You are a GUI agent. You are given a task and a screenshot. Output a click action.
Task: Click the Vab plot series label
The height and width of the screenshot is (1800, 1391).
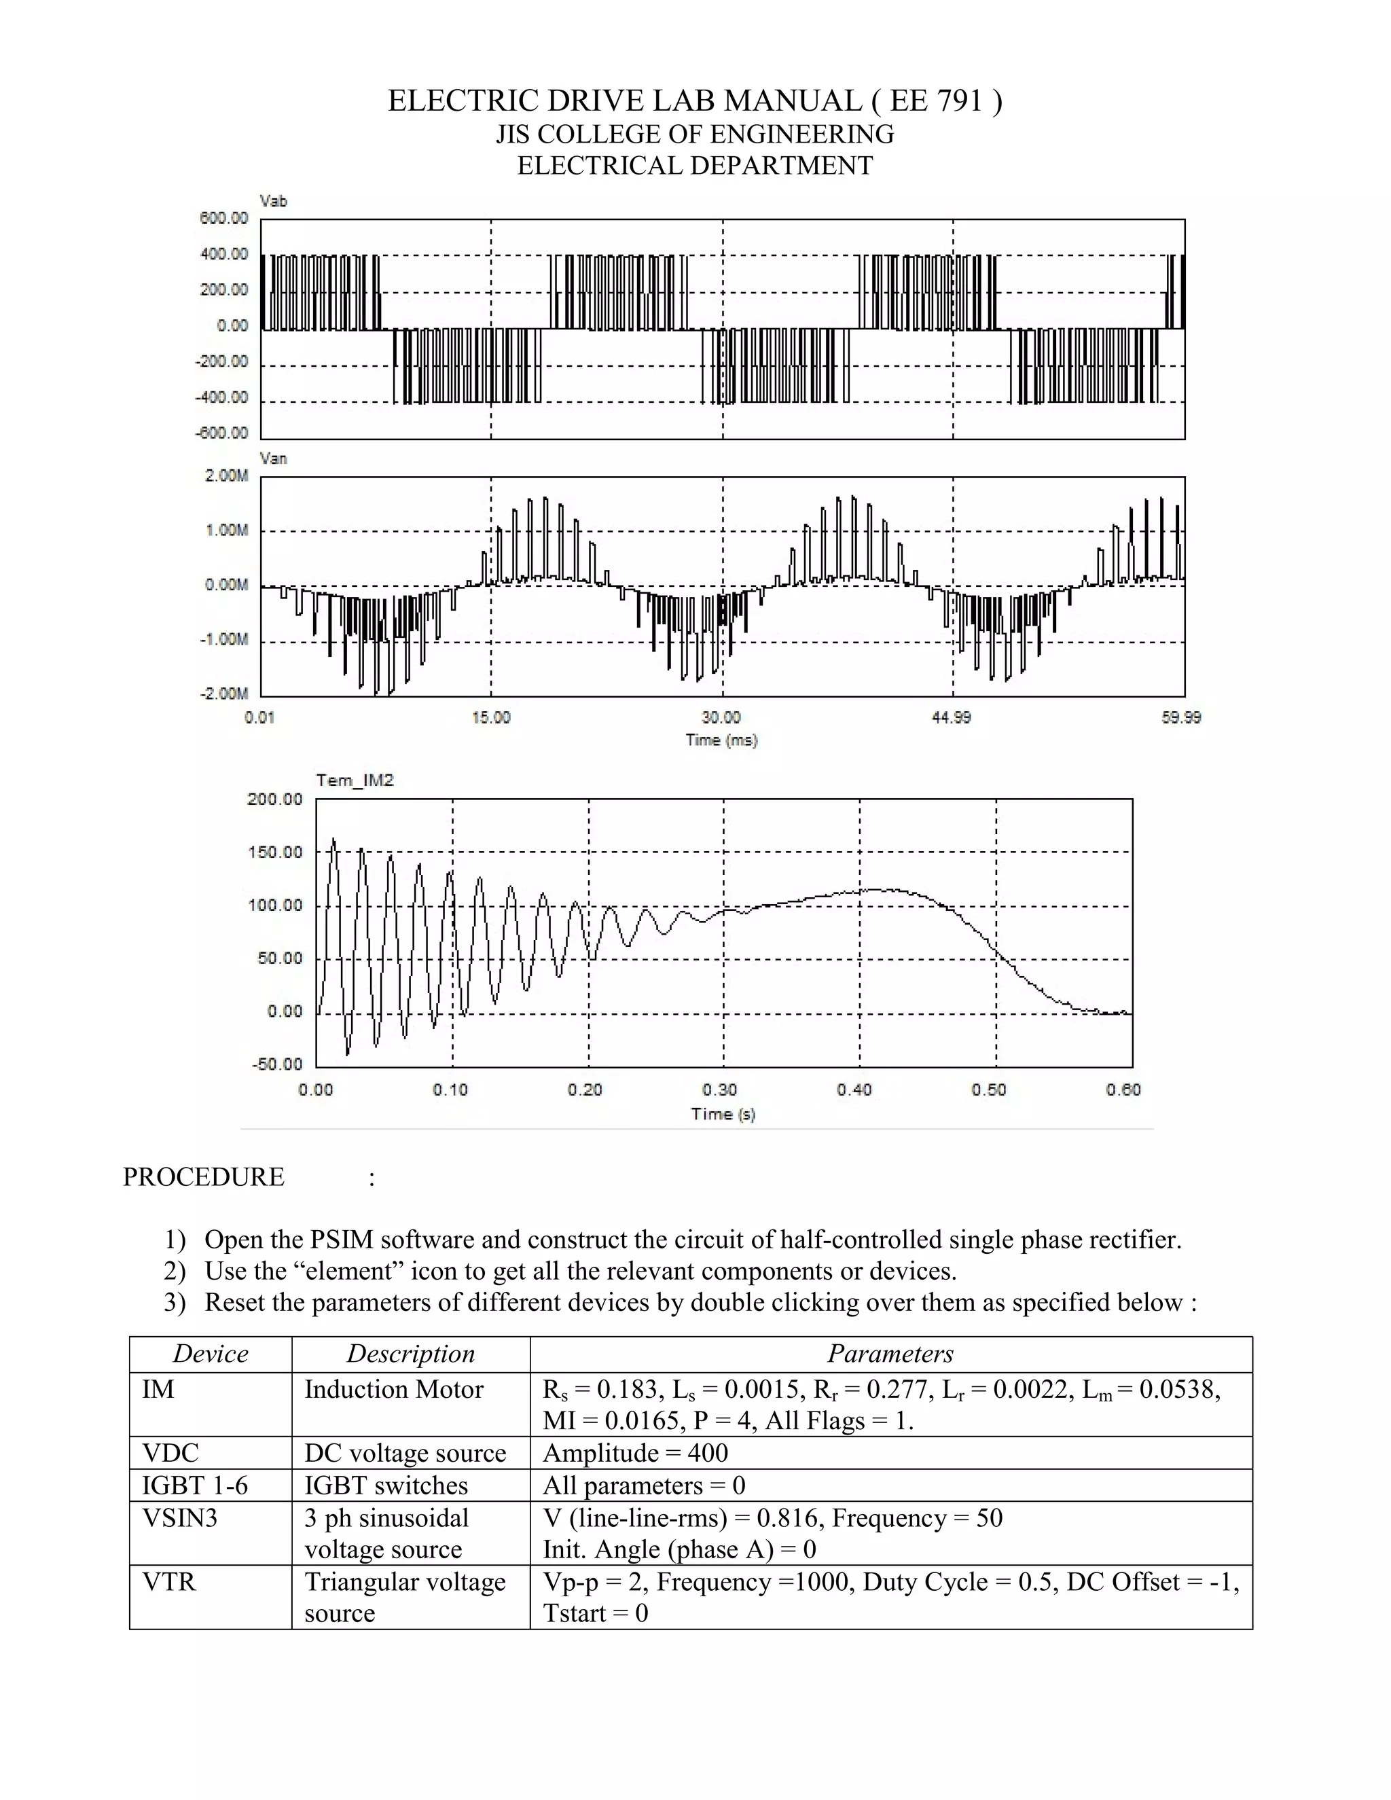[x=273, y=201]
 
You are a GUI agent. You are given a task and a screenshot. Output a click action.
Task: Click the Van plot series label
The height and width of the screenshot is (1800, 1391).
[x=273, y=458]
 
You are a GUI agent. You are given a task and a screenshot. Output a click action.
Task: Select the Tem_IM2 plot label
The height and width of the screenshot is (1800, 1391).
[x=355, y=780]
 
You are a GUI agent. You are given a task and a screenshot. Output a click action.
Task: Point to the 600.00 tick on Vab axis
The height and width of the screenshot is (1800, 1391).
[x=223, y=219]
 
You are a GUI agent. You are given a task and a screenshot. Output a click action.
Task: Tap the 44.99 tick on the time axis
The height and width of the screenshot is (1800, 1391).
[x=951, y=718]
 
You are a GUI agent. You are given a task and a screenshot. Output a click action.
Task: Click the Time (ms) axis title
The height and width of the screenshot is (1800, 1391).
[x=721, y=740]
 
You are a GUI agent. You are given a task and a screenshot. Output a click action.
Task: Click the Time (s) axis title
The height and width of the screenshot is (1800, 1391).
[x=723, y=1113]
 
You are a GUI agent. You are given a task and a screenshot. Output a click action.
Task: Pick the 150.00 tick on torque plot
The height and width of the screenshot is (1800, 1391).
[x=275, y=852]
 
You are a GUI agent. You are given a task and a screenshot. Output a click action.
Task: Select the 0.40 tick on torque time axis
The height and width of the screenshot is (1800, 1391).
[x=854, y=1090]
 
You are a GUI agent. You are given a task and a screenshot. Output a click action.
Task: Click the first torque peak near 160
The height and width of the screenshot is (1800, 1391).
[x=333, y=841]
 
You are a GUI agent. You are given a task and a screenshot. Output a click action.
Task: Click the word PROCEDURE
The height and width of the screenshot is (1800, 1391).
[x=204, y=1177]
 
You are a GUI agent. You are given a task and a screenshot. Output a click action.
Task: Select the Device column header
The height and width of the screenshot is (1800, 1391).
[x=210, y=1354]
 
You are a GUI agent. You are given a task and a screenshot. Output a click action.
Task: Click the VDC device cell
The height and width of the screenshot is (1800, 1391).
[x=170, y=1453]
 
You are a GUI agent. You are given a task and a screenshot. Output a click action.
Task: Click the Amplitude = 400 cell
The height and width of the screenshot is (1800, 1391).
[x=634, y=1453]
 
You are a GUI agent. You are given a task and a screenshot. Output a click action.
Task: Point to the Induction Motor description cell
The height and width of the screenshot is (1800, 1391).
[x=394, y=1390]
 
